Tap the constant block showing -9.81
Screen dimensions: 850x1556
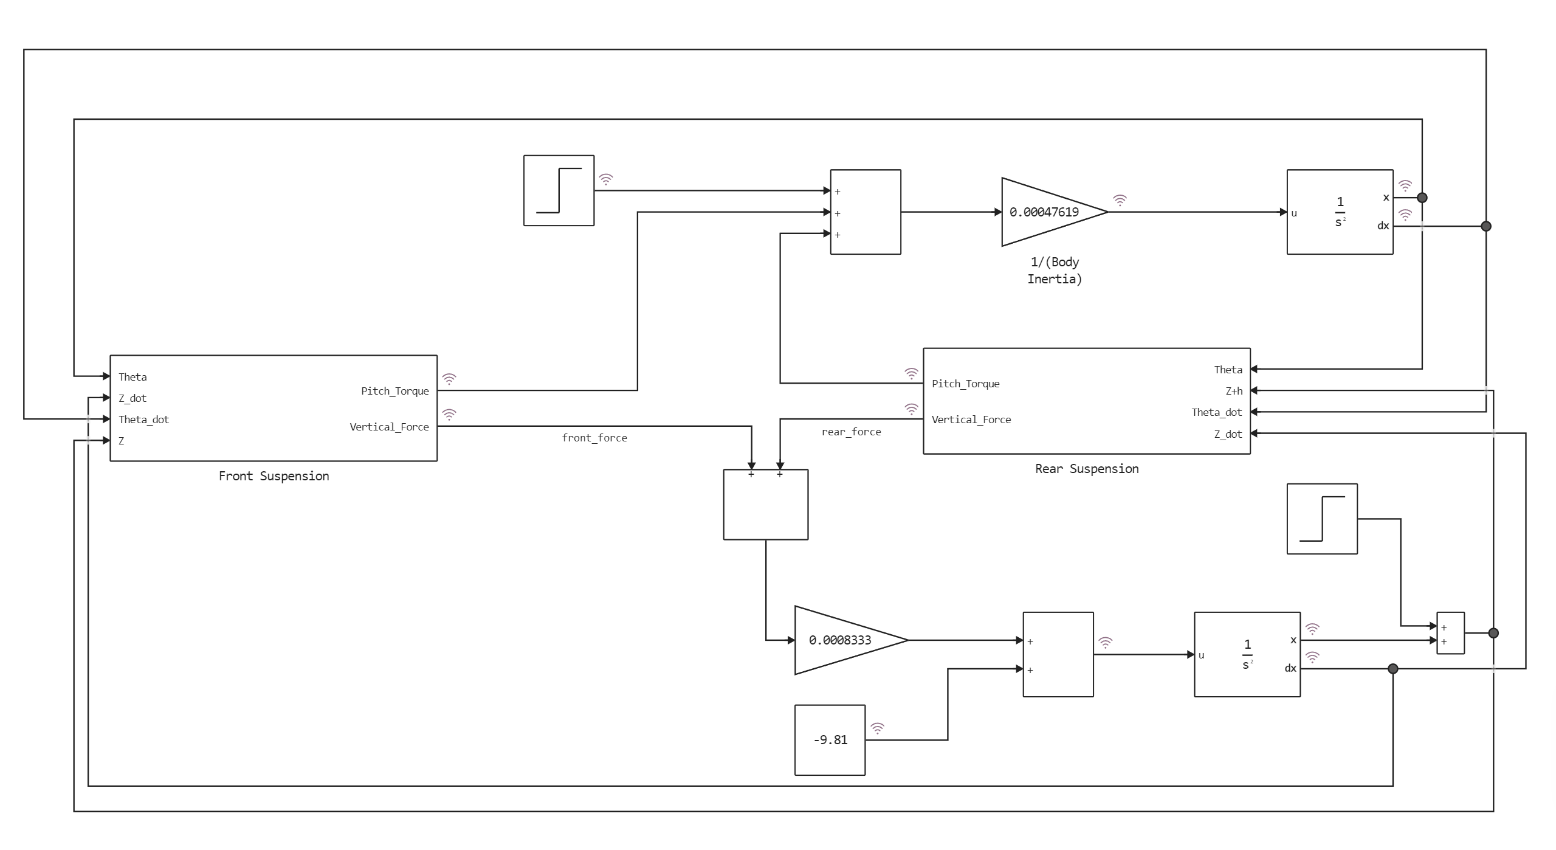pos(830,740)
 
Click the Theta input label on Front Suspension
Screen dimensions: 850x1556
pos(133,377)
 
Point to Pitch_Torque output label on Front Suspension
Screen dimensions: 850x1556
pos(394,391)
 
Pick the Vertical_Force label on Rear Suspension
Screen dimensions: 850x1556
pos(971,420)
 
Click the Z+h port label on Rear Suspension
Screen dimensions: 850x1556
pos(1233,391)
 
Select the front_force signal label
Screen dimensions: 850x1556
pos(594,438)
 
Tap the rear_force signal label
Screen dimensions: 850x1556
pos(851,432)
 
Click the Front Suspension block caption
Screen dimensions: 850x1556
pos(274,476)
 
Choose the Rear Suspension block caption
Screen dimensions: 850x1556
pos(1087,469)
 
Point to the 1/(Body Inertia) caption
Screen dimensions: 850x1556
pos(1054,271)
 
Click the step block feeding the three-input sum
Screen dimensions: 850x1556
pos(559,190)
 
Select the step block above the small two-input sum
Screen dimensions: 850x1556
pos(1322,519)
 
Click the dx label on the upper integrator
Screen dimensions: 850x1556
pos(1383,226)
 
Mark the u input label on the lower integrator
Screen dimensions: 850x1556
pos(1201,655)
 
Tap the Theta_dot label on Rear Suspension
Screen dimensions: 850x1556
pos(1216,412)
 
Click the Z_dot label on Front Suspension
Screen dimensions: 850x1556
pos(133,398)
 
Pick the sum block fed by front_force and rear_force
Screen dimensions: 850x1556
pos(765,505)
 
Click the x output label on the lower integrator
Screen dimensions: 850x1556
pos(1293,640)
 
